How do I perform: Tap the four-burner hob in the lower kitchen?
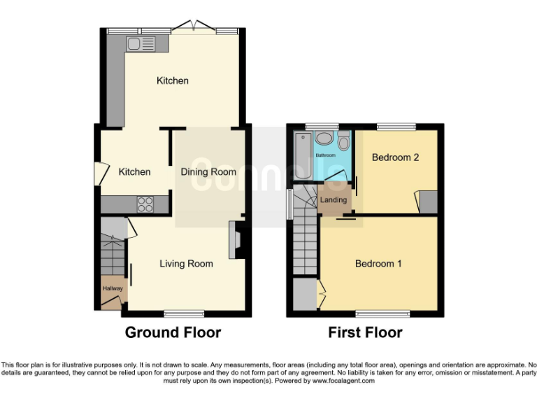(145, 204)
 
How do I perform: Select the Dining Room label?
(208, 172)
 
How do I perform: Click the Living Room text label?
(186, 264)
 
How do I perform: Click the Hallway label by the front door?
(113, 288)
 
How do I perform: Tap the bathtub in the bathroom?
(301, 155)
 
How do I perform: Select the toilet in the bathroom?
(343, 143)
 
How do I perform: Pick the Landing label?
(334, 200)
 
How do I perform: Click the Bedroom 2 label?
(395, 157)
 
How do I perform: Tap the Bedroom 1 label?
(378, 264)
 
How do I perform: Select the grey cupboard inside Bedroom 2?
(428, 201)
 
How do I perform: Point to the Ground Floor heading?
(173, 332)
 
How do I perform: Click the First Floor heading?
(365, 332)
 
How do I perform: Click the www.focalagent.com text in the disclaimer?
(343, 381)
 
